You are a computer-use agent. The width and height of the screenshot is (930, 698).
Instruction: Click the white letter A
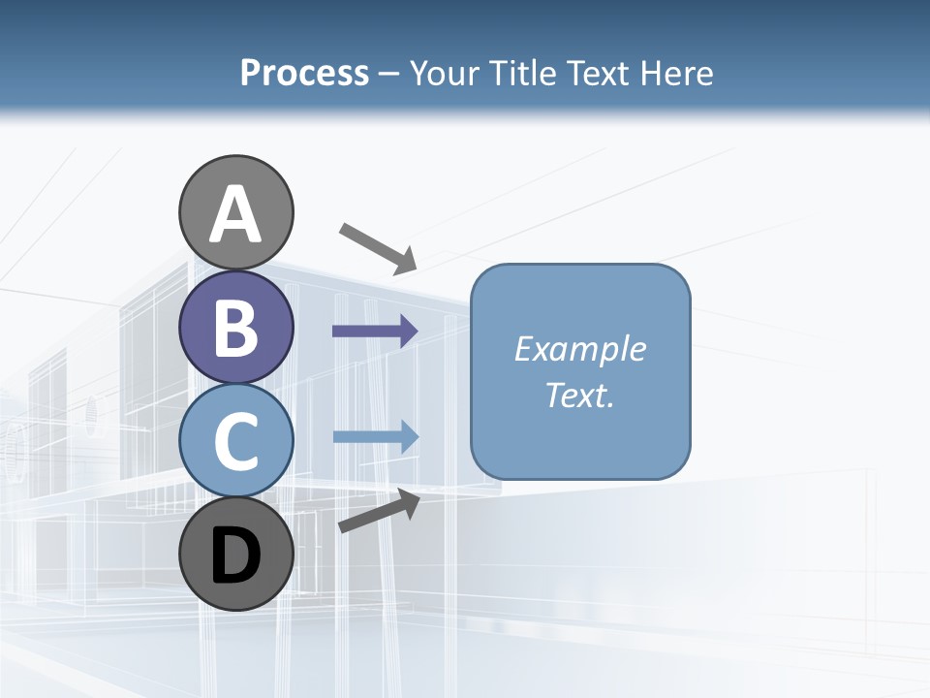coord(235,216)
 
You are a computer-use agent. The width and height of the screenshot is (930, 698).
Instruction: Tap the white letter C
coord(235,442)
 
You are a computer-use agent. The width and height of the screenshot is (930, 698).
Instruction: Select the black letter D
coord(235,555)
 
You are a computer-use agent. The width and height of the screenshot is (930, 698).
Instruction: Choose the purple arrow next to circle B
coord(375,332)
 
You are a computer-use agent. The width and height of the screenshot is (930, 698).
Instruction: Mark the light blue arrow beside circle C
coord(375,436)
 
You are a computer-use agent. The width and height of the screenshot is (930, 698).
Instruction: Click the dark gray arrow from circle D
coord(379,511)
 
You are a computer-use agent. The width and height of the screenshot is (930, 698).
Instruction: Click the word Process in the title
coord(304,74)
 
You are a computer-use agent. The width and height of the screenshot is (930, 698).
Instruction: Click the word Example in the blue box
coord(579,349)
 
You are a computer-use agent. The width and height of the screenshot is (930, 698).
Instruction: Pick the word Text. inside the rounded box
coord(579,395)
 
